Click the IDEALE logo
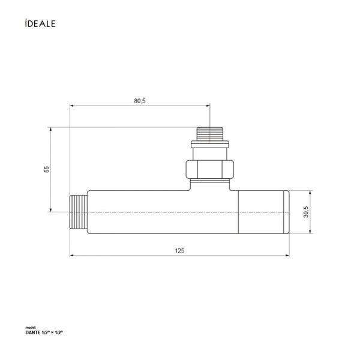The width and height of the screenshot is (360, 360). click(x=40, y=23)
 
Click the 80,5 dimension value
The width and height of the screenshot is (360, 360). click(x=140, y=101)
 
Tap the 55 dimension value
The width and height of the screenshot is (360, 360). click(x=47, y=169)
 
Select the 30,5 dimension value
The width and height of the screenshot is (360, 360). click(x=306, y=212)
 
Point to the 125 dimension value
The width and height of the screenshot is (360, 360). click(x=179, y=250)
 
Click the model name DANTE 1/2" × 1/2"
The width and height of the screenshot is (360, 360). click(x=44, y=332)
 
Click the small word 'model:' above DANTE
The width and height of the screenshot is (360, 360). click(x=29, y=328)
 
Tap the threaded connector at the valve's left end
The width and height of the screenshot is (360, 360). click(x=79, y=212)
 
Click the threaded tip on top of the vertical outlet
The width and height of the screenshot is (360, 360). click(x=210, y=133)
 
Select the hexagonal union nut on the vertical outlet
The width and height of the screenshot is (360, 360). click(x=210, y=169)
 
